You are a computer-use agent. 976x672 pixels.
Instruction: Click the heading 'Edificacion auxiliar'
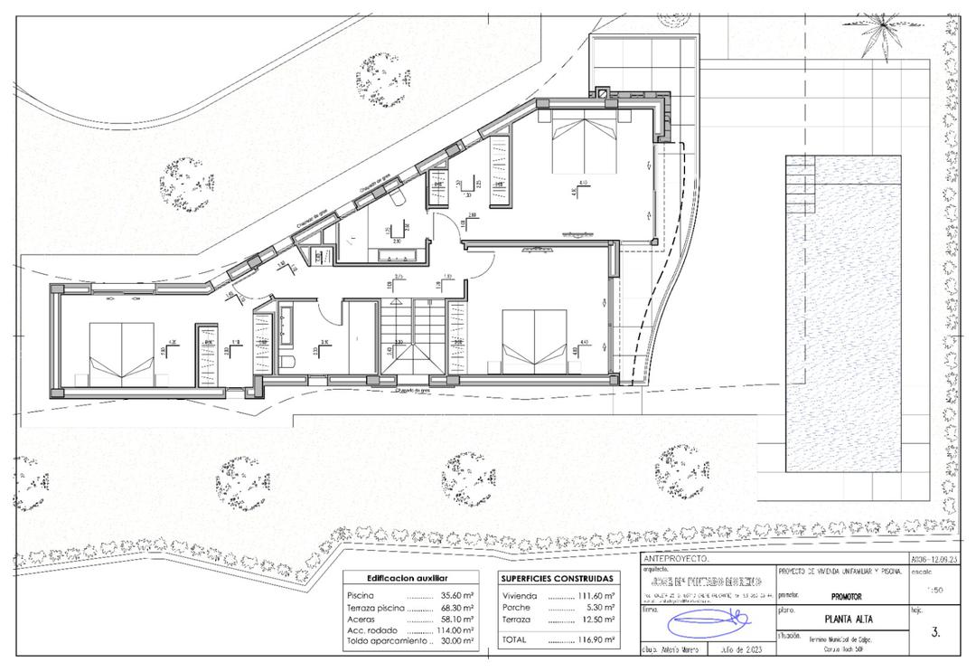[406, 578]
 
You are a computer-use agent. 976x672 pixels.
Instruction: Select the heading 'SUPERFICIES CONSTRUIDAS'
[557, 578]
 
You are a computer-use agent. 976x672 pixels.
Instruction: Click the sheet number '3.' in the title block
[934, 632]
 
